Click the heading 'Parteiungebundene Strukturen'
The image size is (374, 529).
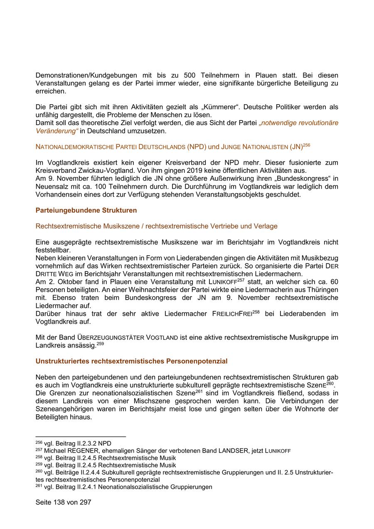(x=86, y=210)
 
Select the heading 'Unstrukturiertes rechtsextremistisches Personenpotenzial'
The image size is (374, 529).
(x=131, y=361)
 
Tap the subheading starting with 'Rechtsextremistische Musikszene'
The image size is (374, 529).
(x=156, y=226)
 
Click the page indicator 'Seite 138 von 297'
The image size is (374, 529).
(x=63, y=502)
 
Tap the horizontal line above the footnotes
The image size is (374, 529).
(x=81, y=437)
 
